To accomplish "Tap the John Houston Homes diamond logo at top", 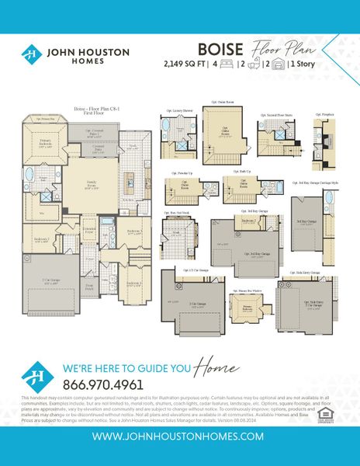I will point(30,54).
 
